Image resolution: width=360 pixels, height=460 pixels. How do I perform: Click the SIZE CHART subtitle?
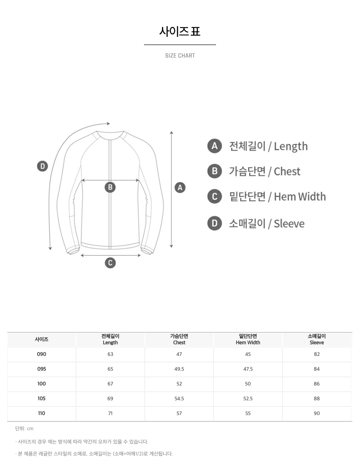(180, 56)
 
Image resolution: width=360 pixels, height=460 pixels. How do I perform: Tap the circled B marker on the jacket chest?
(110, 187)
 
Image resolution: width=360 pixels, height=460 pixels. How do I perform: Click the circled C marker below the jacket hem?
(110, 263)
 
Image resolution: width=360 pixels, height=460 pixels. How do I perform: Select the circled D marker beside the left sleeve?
(42, 166)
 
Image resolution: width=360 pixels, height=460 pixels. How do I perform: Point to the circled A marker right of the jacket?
(180, 187)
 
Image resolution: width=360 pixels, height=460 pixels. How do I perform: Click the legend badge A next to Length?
(215, 146)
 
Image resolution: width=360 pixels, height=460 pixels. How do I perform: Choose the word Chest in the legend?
(287, 171)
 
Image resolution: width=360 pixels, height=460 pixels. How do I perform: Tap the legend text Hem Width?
(300, 197)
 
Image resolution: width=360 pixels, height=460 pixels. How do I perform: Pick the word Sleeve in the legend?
(289, 223)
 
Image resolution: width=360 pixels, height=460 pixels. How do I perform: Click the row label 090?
(42, 354)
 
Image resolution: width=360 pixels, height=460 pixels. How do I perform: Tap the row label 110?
(42, 413)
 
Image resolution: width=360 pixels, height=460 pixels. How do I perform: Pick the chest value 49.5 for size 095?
(179, 369)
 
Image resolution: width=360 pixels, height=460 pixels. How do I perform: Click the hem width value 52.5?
(248, 398)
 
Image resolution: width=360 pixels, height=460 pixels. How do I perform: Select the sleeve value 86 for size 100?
(316, 384)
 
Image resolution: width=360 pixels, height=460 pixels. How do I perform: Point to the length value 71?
(110, 413)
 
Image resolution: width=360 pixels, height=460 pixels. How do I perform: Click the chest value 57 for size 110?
(179, 413)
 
